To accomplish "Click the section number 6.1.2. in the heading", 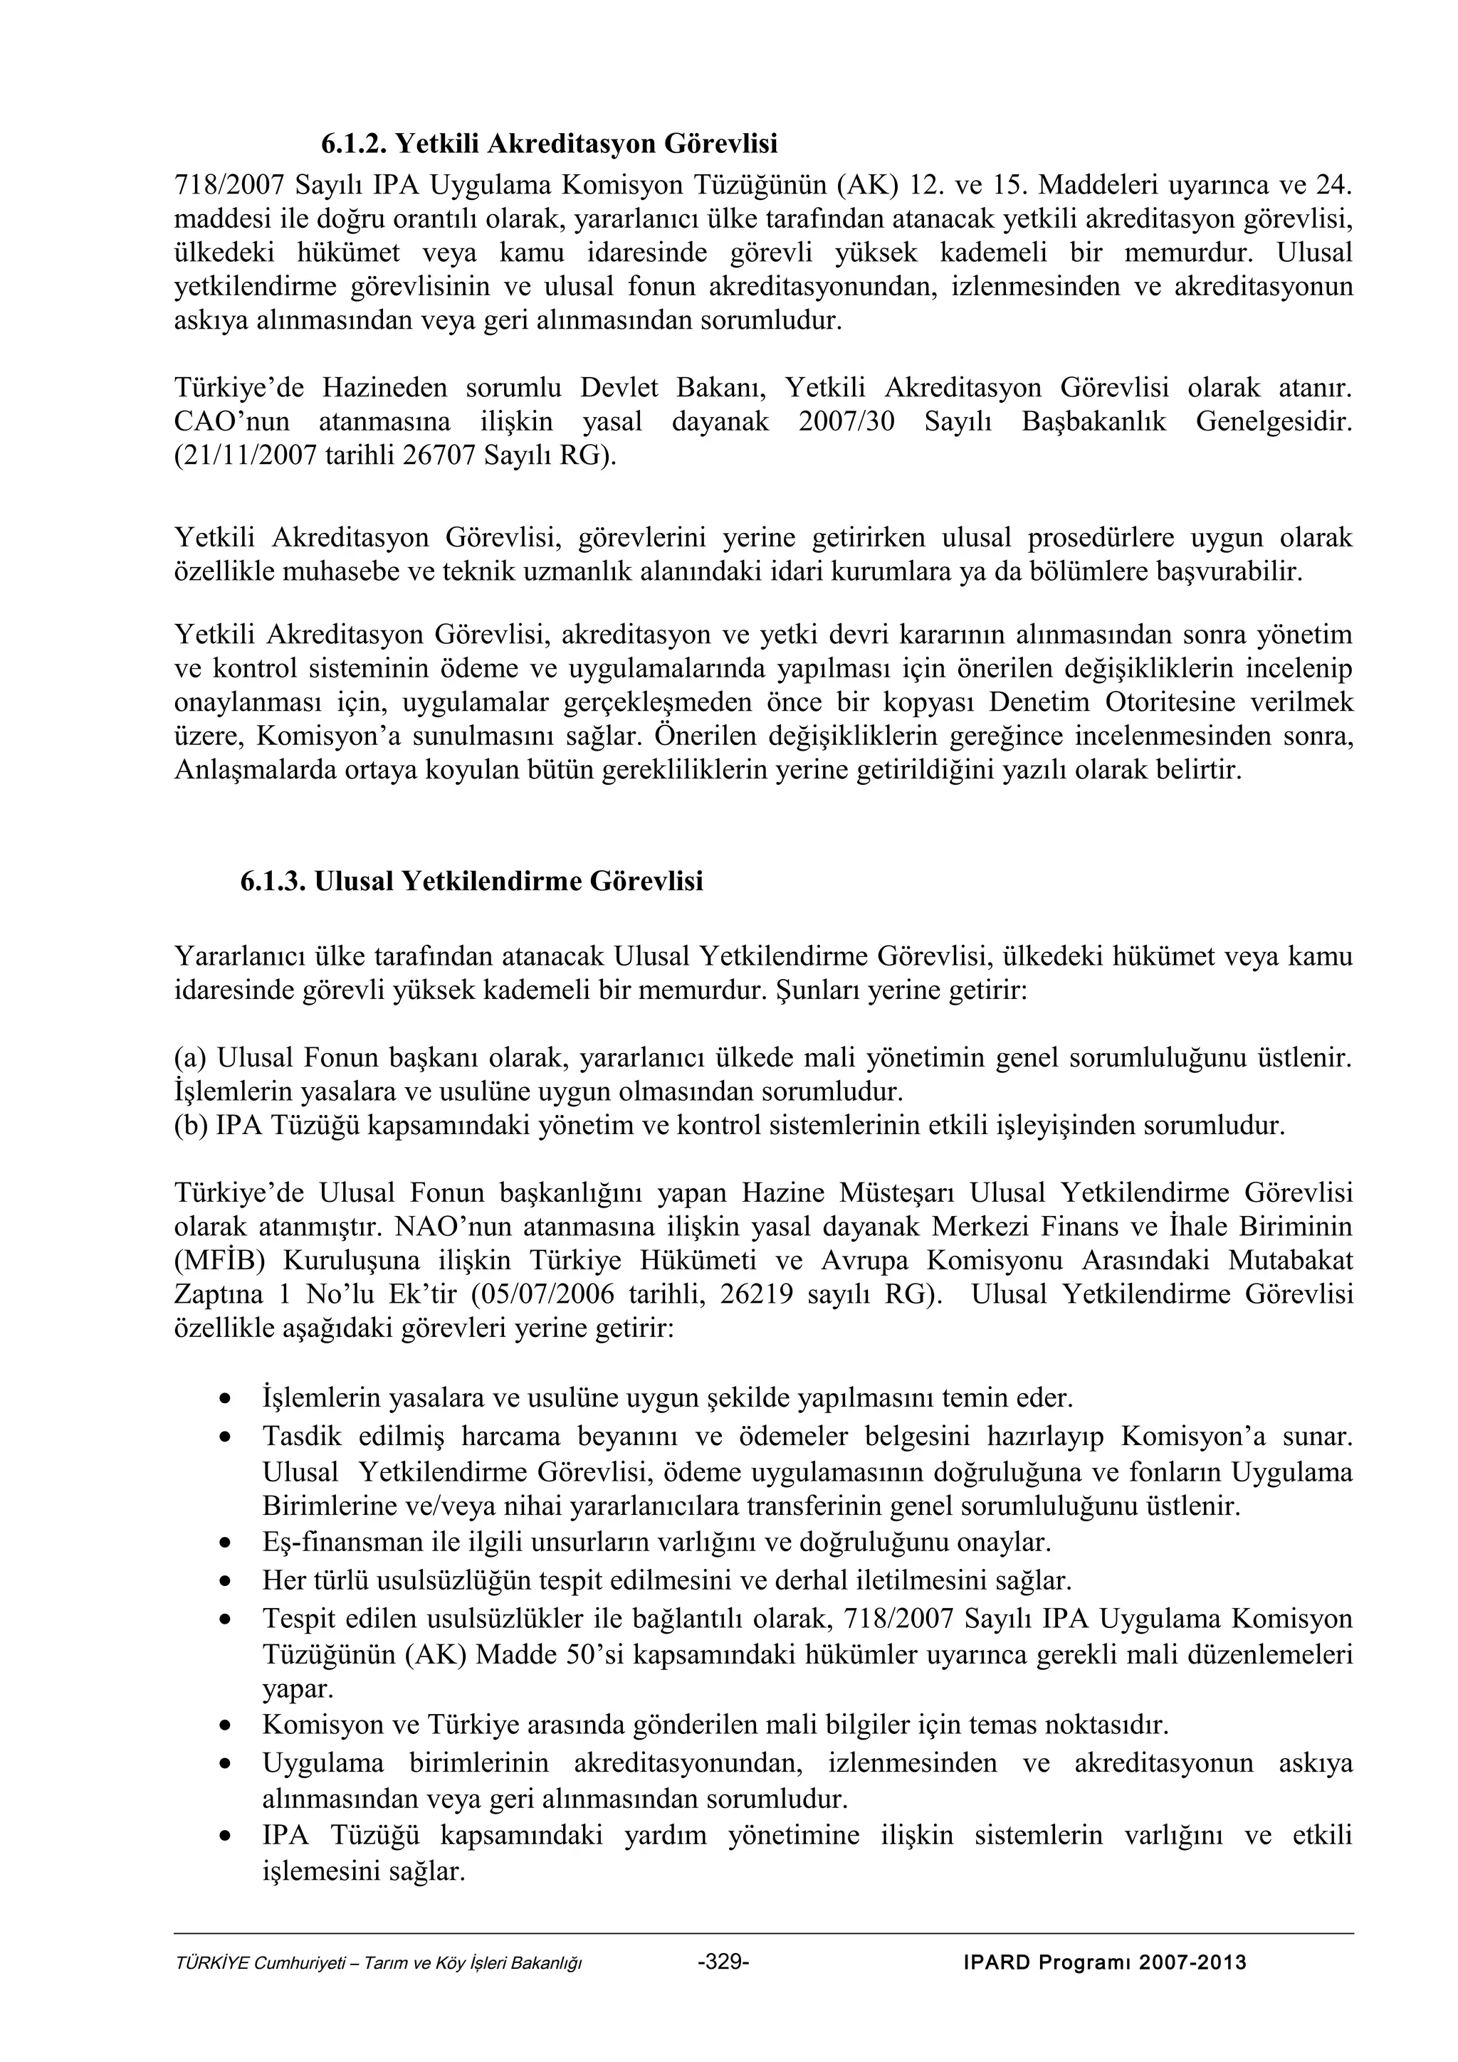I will (355, 143).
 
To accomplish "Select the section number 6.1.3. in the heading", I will (273, 881).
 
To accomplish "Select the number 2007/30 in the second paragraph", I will (846, 422).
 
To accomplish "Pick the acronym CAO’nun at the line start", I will (232, 422).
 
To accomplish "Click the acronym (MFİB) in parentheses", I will (219, 1262).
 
